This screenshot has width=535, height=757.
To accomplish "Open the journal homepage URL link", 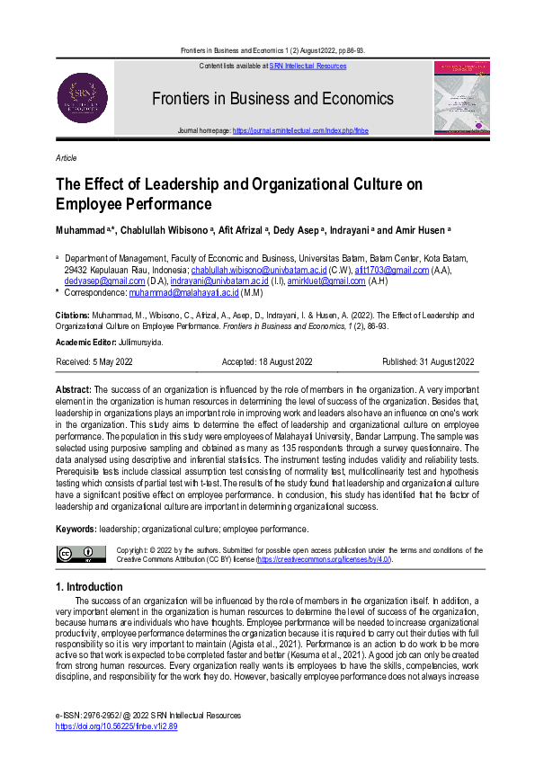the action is coord(300,130).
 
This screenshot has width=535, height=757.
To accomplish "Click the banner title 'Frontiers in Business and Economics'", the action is coord(272,98).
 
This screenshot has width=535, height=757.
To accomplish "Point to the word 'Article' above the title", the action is coord(66,158).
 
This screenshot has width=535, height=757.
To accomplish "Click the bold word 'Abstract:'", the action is coord(79,388).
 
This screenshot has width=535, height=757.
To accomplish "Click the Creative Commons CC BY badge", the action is coord(81,554).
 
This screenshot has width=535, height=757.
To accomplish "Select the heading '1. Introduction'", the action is coord(89,587).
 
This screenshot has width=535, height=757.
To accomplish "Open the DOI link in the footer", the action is coord(116,726).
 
